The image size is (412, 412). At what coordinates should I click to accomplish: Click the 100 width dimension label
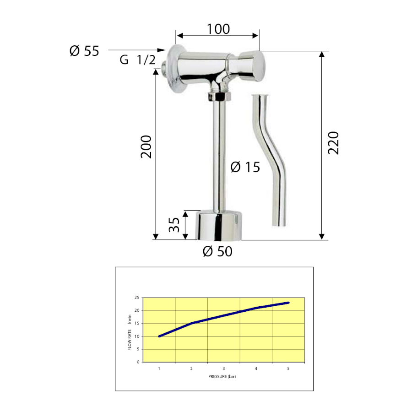(x=218, y=29)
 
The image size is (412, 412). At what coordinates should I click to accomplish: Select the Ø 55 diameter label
(x=84, y=51)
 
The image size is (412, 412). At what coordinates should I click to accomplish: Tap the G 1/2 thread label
(x=137, y=60)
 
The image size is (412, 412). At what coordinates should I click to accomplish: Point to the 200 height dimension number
(x=146, y=147)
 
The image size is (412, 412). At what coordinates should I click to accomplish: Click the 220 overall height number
(x=333, y=143)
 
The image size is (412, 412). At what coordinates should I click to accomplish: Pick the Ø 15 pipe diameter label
(x=245, y=167)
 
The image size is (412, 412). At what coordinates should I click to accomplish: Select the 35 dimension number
(x=174, y=225)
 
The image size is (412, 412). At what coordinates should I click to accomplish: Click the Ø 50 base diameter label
(x=217, y=251)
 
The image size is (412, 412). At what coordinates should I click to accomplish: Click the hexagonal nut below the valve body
(x=219, y=97)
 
